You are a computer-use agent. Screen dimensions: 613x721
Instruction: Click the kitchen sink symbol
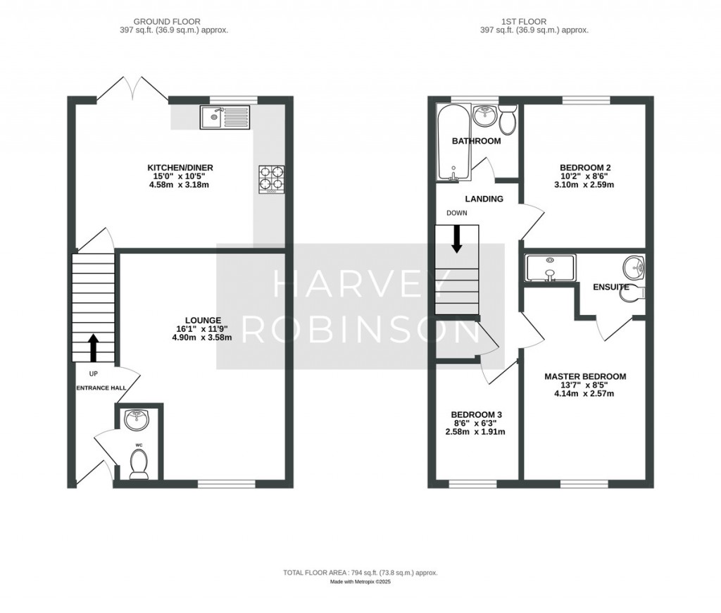[224, 117]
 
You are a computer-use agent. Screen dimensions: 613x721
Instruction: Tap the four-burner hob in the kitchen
[271, 178]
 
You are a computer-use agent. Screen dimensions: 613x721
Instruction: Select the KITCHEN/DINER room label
[180, 168]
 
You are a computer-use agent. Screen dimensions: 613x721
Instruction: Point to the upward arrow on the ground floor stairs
[93, 347]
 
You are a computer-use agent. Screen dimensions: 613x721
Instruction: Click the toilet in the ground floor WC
[139, 465]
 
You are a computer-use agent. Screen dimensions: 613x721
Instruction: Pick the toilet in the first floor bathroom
[507, 122]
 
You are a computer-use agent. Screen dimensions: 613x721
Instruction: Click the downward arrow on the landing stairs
[457, 239]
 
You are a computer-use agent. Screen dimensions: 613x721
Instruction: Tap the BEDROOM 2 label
[584, 168]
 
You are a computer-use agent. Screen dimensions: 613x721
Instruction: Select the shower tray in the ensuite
[551, 268]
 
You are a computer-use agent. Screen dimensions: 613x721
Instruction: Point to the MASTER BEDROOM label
[584, 376]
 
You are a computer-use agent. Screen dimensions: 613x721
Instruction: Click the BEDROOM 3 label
[476, 414]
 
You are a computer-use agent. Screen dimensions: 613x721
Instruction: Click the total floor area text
[360, 573]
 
